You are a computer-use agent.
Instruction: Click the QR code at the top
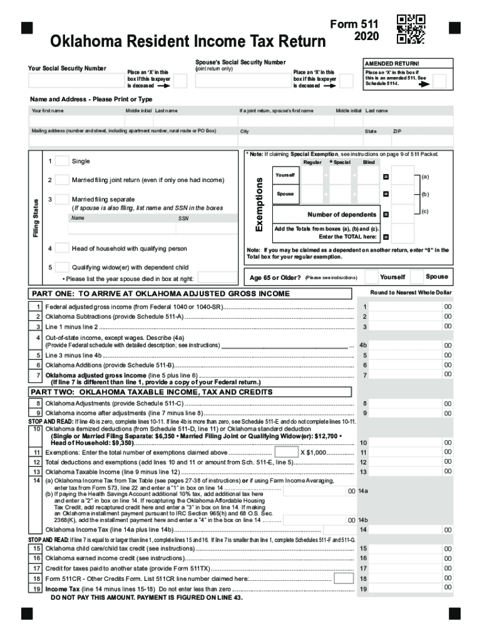coord(411,29)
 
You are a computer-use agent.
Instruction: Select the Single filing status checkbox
coord(62,162)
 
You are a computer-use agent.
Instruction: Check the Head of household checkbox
coord(62,248)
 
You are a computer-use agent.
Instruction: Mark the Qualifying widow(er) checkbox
coord(62,267)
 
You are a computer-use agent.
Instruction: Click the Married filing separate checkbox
coord(62,200)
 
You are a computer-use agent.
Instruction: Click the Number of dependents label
coord(342,215)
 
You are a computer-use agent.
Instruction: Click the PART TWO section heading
coord(152,392)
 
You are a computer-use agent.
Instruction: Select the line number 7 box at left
coord(39,374)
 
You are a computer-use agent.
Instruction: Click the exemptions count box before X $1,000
coord(286,452)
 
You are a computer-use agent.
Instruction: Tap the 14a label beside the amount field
coord(364,491)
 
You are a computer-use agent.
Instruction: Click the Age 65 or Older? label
coord(275,277)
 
